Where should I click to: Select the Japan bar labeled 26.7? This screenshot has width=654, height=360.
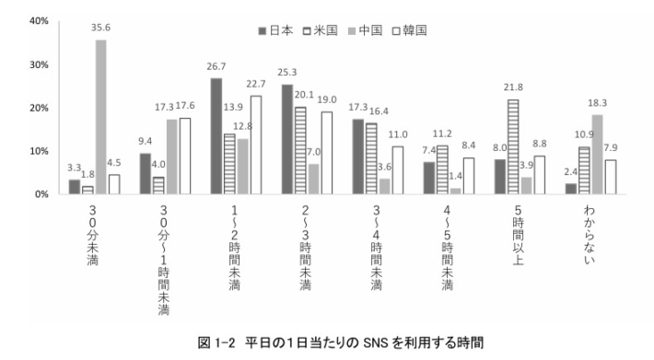[216, 136]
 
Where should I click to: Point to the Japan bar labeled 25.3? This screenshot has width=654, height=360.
[286, 139]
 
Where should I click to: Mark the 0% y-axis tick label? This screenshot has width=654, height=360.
[42, 194]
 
